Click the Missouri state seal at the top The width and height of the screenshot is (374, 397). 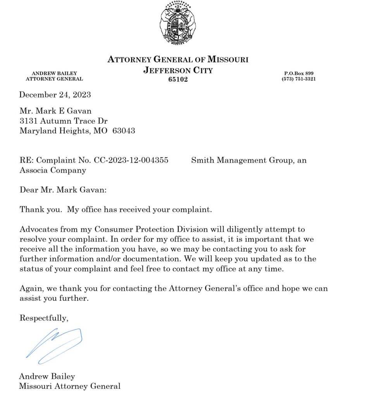click(178, 24)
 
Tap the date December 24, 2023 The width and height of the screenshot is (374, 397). click(55, 95)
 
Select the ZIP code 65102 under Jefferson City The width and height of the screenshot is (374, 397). click(178, 79)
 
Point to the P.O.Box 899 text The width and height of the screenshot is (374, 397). click(299, 73)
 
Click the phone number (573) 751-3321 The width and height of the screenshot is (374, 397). click(298, 79)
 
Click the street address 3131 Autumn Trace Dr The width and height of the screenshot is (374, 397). click(64, 121)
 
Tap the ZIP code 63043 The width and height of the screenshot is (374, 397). click(124, 131)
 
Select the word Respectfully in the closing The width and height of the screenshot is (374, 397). click(44, 318)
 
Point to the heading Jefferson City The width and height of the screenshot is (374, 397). click(178, 71)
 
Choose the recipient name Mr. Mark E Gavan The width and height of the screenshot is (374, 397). click(55, 111)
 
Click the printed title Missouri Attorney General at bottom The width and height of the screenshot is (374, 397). click(70, 386)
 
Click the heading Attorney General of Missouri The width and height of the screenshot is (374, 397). click(178, 60)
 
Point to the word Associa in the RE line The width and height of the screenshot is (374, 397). click(33, 170)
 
